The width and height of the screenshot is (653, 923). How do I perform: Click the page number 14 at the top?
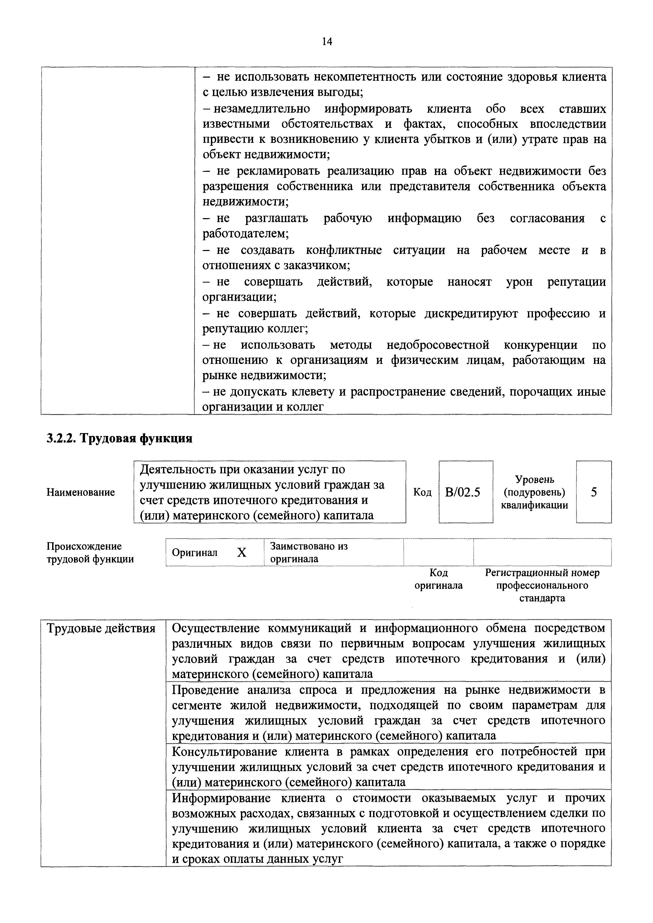(x=327, y=41)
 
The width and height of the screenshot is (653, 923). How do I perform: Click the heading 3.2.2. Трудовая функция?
(x=120, y=438)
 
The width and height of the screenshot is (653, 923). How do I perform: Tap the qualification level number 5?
(x=594, y=492)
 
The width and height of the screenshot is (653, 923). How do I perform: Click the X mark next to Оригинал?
(x=241, y=553)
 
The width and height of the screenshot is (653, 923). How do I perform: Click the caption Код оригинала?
(x=439, y=579)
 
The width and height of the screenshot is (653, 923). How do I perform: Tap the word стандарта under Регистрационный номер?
(x=542, y=598)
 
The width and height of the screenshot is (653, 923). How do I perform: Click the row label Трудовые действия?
(x=101, y=628)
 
